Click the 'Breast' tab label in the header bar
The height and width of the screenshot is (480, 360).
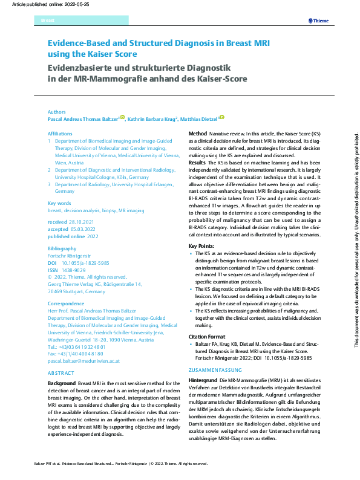47,21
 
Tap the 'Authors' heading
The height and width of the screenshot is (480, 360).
57,112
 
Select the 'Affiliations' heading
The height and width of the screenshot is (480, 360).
60,133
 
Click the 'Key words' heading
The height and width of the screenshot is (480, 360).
59,204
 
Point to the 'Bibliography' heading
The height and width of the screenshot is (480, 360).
62,248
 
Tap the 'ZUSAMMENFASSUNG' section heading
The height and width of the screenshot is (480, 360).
215,369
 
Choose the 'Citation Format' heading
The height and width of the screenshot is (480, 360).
207,336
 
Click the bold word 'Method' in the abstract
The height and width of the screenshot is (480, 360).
198,133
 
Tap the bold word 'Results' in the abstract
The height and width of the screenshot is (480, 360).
197,163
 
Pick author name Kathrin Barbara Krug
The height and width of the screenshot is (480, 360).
151,120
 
